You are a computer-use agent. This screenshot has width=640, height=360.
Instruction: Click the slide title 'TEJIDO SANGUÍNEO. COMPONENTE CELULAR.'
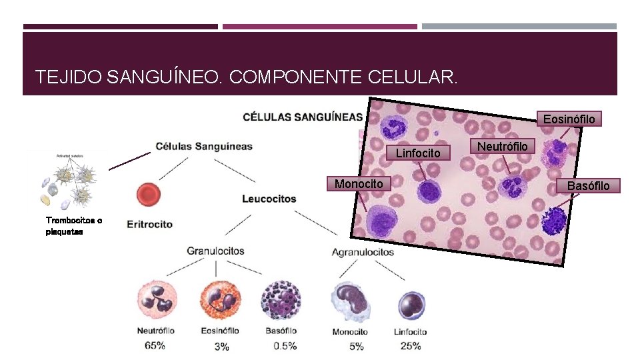pyautogui.click(x=247, y=77)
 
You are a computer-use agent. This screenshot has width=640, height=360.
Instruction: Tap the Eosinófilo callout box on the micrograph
pyautogui.click(x=569, y=119)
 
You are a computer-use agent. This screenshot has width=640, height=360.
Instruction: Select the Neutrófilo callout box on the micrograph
pyautogui.click(x=503, y=146)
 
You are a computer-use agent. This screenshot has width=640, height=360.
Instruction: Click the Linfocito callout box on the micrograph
pyautogui.click(x=418, y=153)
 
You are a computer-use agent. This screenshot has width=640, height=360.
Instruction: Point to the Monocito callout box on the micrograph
pyautogui.click(x=359, y=183)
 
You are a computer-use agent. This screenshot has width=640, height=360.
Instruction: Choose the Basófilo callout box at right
pyautogui.click(x=587, y=185)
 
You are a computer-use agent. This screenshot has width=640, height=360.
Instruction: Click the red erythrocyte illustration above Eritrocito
pyautogui.click(x=147, y=195)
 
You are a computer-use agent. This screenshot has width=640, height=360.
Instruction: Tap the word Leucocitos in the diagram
pyautogui.click(x=269, y=199)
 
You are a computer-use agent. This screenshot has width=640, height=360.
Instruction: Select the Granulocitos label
pyautogui.click(x=215, y=251)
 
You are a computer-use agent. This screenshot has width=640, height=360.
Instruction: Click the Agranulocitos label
pyautogui.click(x=363, y=252)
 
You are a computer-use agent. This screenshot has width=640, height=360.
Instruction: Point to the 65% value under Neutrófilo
pyautogui.click(x=155, y=345)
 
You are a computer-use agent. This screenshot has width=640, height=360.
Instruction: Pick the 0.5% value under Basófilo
pyautogui.click(x=285, y=345)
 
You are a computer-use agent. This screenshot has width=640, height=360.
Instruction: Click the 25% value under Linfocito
pyautogui.click(x=410, y=345)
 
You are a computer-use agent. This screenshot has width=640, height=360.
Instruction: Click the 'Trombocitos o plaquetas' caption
pyautogui.click(x=73, y=225)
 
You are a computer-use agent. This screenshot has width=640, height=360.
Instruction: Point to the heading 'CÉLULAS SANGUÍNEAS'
pyautogui.click(x=303, y=117)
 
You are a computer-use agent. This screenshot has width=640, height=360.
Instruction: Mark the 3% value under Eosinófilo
pyautogui.click(x=221, y=346)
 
